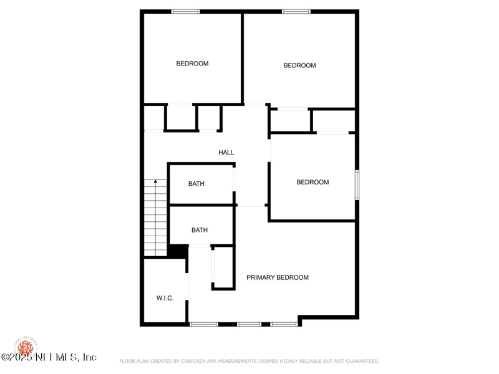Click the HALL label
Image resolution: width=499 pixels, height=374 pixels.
(226, 153)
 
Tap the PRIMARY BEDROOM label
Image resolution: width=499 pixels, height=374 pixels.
(277, 277)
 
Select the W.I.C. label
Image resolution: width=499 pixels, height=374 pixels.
(165, 298)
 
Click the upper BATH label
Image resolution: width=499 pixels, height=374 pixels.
(196, 184)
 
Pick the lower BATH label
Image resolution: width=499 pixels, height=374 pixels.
(200, 230)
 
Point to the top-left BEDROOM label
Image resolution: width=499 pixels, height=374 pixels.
(192, 64)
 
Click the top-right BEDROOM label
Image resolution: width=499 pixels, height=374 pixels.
(299, 65)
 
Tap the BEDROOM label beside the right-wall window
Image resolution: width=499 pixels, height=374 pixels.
(312, 182)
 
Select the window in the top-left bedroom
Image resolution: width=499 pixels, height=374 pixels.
(186, 11)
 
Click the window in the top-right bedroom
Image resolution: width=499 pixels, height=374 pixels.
(296, 11)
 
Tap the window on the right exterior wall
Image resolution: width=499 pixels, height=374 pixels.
(357, 185)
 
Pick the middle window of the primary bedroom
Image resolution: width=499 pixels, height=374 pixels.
(249, 324)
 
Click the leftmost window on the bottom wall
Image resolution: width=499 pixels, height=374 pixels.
(204, 324)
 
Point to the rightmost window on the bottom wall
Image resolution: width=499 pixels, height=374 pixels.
(284, 324)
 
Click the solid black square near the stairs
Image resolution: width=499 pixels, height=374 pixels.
(178, 250)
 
